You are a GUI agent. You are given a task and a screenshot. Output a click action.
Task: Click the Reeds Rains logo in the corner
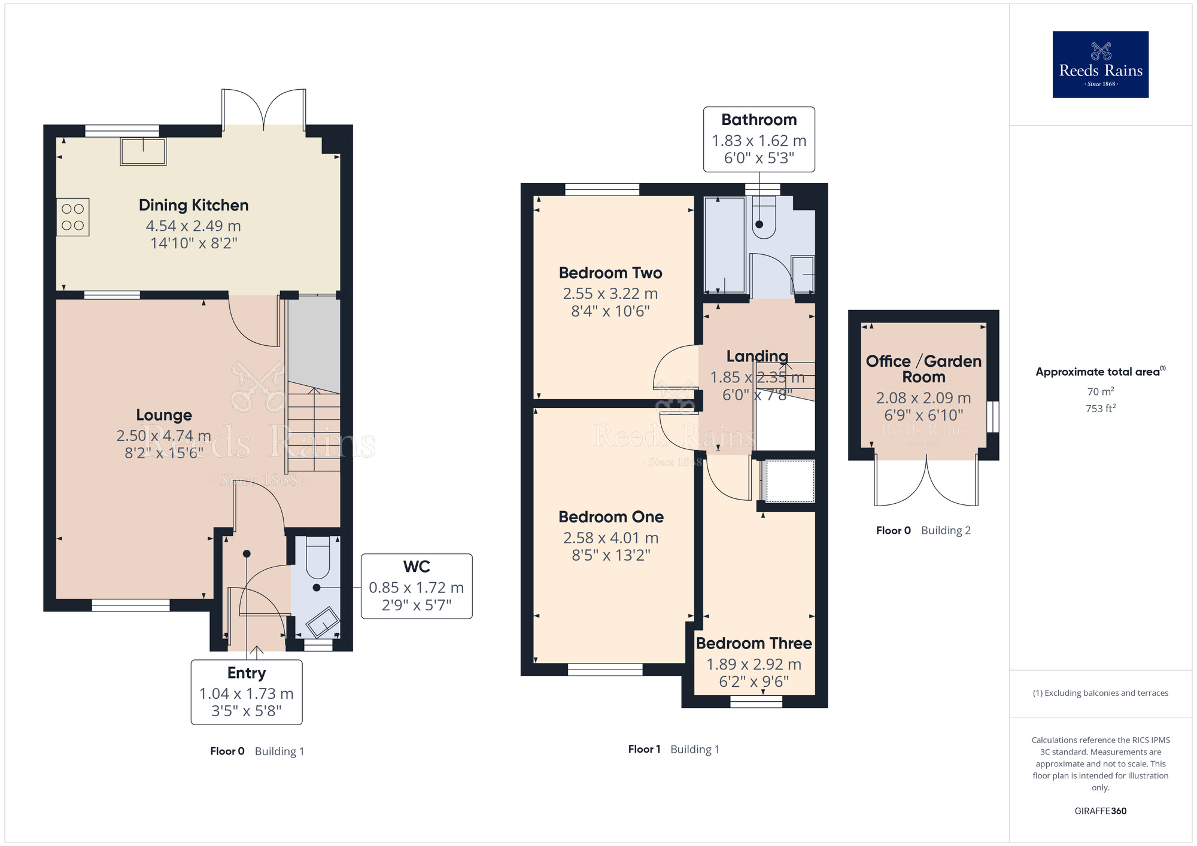pyautogui.click(x=1100, y=65)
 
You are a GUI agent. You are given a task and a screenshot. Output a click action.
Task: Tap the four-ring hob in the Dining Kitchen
pyautogui.click(x=73, y=217)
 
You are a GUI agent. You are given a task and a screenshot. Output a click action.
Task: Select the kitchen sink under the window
pyautogui.click(x=143, y=151)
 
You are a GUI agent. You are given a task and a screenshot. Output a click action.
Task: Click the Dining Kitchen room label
pyautogui.click(x=193, y=205)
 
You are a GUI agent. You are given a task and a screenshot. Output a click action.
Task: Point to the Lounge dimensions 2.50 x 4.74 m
pyautogui.click(x=163, y=436)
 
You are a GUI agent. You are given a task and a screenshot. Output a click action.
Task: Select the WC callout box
pyautogui.click(x=417, y=586)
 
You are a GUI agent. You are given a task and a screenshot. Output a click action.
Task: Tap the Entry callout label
pyautogui.click(x=246, y=673)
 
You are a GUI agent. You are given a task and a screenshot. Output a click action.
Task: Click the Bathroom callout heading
pyautogui.click(x=758, y=120)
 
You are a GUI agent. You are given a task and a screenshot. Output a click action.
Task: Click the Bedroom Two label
pyautogui.click(x=610, y=273)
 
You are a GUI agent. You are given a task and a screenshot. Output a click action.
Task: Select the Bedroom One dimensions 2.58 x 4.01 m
pyautogui.click(x=610, y=538)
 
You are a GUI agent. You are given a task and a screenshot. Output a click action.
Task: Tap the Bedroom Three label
pyautogui.click(x=754, y=643)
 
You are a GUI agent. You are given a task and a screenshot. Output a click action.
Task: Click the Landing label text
pyautogui.click(x=757, y=357)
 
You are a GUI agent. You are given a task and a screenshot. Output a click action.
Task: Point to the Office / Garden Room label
pyautogui.click(x=923, y=369)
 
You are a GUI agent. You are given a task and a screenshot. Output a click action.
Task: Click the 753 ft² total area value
pyautogui.click(x=1100, y=409)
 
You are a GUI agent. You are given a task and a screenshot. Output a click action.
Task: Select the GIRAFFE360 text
pyautogui.click(x=1100, y=811)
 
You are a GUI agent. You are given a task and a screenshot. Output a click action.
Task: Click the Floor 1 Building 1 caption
pyautogui.click(x=673, y=749)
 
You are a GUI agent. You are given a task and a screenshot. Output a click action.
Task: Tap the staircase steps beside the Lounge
pyautogui.click(x=314, y=428)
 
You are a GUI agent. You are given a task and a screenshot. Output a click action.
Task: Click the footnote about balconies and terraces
pyautogui.click(x=1100, y=693)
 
